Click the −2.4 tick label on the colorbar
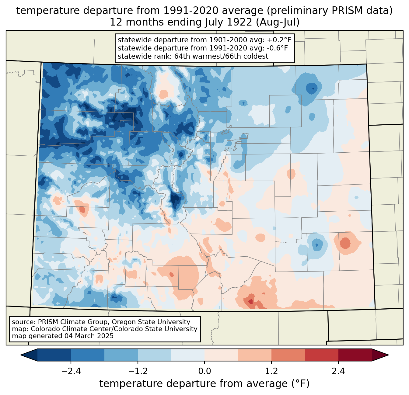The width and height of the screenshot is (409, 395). tap(71, 371)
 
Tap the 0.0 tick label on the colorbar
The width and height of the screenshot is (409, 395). tap(204, 371)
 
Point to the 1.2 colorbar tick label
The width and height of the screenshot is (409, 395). tap(271, 371)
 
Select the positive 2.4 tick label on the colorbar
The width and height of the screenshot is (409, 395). tap(338, 371)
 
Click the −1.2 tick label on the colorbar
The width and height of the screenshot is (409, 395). tap(138, 371)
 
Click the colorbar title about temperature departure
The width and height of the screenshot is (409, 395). tap(204, 384)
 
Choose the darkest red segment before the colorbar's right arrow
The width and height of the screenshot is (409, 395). tap(355, 355)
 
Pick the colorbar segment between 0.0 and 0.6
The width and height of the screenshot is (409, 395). tap(221, 355)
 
